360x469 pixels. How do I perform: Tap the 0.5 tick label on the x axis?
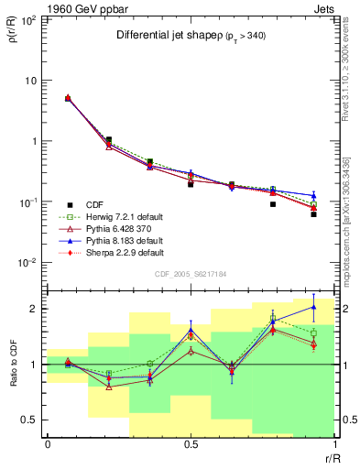pos(191,444)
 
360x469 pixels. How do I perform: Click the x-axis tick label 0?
pos(48,444)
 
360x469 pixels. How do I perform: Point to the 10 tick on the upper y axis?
pos(30,80)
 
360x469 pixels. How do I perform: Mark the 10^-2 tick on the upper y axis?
pos(28,263)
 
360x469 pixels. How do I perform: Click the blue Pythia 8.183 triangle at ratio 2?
pos(313,307)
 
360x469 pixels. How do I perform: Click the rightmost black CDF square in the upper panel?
pos(313,213)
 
